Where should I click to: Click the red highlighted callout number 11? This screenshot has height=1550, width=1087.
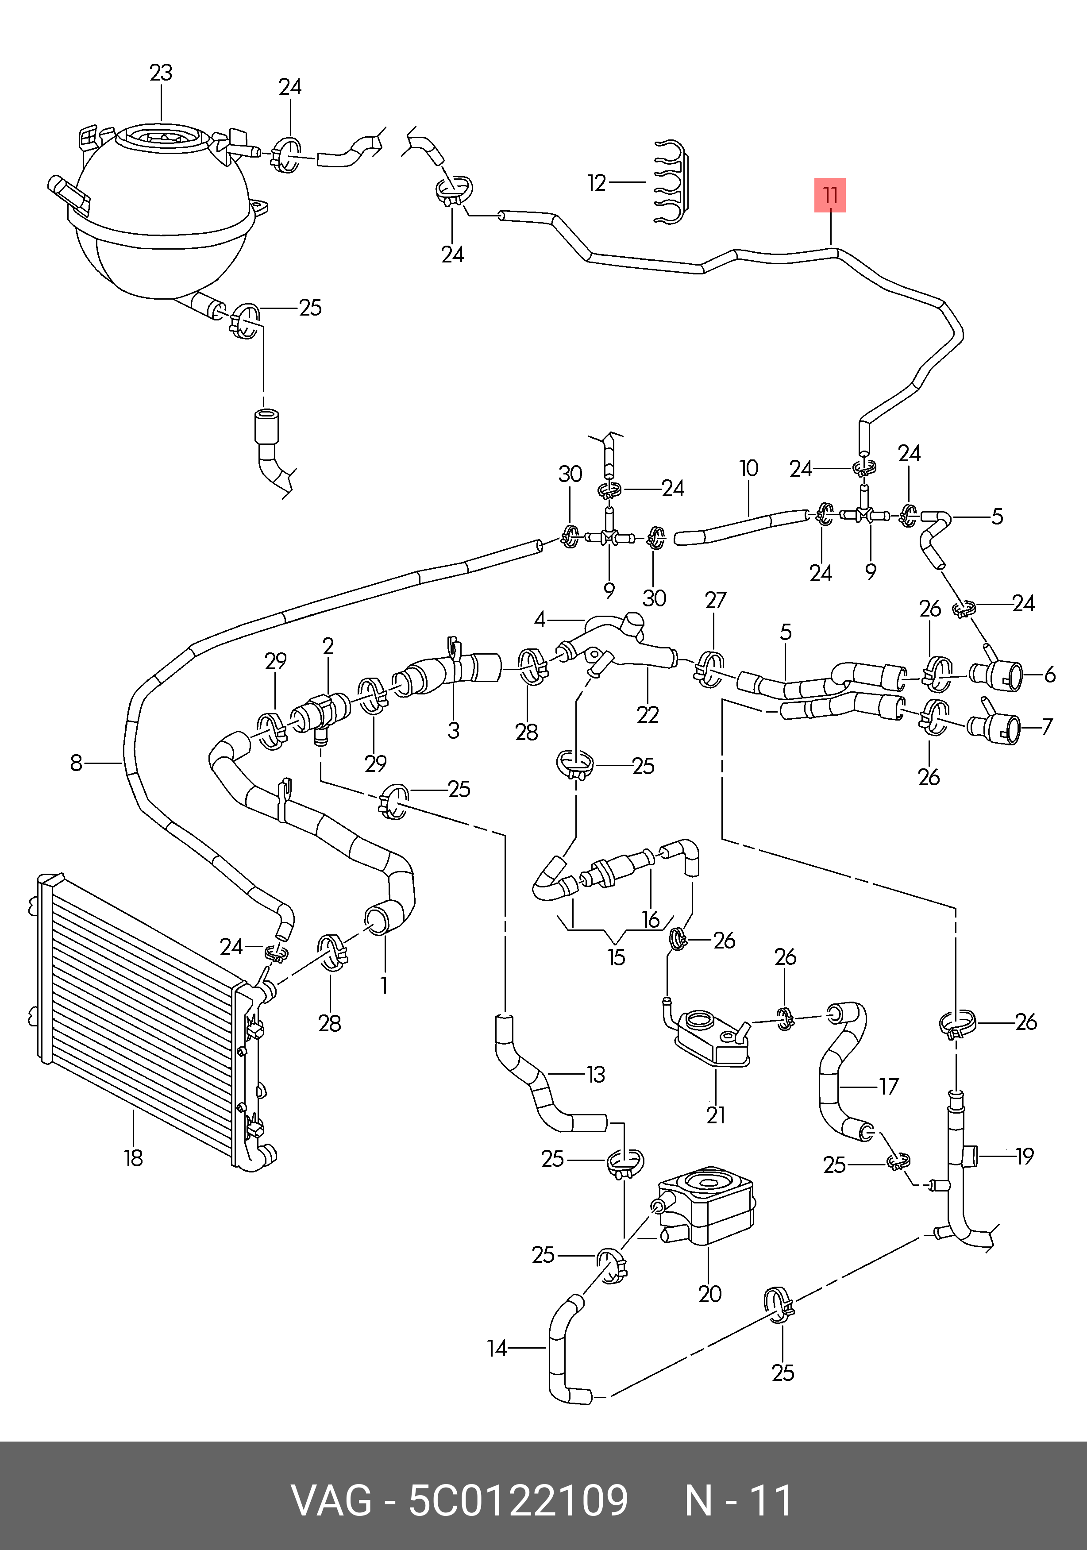click(x=830, y=195)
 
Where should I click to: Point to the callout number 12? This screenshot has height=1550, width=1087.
click(x=596, y=183)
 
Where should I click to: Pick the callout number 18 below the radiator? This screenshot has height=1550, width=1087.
click(x=133, y=1158)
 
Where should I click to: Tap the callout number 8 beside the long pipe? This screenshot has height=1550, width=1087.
click(x=76, y=763)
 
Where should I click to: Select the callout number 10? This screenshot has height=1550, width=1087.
click(x=749, y=469)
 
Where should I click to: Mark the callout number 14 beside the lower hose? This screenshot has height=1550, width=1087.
click(x=497, y=1348)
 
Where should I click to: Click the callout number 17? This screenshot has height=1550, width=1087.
click(x=889, y=1086)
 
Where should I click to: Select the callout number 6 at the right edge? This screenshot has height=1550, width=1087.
click(x=1049, y=675)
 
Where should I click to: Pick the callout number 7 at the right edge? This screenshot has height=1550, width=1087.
click(x=1046, y=726)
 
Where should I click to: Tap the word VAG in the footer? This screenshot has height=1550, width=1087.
click(x=331, y=1500)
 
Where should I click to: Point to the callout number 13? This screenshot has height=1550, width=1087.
click(x=595, y=1074)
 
